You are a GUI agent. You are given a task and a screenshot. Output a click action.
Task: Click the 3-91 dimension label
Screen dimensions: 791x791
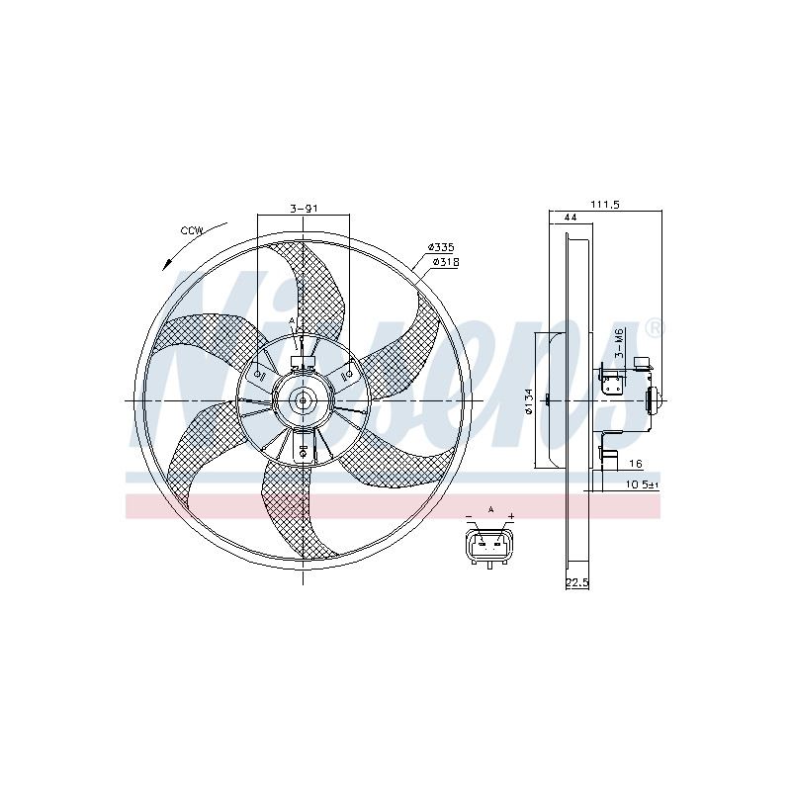305,208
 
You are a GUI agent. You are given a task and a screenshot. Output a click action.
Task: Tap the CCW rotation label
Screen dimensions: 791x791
192,231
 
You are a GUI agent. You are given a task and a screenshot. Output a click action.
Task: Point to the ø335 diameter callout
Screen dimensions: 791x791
441,247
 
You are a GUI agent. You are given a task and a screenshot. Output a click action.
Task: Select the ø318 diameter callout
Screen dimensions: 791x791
446,262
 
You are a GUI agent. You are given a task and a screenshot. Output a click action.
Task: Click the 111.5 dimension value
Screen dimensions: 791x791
605,205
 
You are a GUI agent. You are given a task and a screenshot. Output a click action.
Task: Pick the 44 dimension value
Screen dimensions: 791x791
571,218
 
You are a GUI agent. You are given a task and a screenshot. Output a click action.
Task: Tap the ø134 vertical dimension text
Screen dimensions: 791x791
528,401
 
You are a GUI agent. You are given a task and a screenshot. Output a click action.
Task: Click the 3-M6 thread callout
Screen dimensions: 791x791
620,342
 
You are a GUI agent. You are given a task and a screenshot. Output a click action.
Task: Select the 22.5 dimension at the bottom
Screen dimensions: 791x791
577,583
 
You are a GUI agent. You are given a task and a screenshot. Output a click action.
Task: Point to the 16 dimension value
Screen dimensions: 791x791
636,464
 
